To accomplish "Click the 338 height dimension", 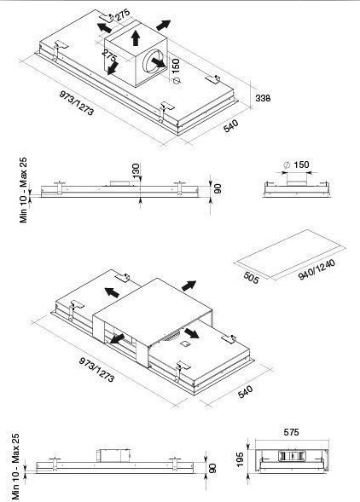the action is click(x=263, y=98).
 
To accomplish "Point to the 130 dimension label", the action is click(x=136, y=171).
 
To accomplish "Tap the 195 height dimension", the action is click(x=240, y=459).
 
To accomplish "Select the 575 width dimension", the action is click(x=291, y=432).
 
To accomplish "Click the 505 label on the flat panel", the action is click(x=251, y=278).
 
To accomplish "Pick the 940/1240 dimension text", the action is click(x=316, y=269).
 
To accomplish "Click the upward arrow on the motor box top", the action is click(x=136, y=38).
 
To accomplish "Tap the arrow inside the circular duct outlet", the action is click(x=159, y=63).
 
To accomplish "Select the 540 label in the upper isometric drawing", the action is click(x=231, y=126).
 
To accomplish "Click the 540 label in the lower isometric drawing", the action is click(x=246, y=392).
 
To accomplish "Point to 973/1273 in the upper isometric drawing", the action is click(x=77, y=103).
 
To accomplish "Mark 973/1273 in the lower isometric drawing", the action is click(x=96, y=370).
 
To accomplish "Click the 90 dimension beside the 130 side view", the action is click(x=218, y=188).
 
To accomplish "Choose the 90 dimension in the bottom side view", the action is click(x=212, y=468).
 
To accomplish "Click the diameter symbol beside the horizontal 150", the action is click(x=287, y=165).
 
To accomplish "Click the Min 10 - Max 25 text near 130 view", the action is click(x=24, y=190).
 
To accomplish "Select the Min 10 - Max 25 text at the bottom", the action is click(x=15, y=467).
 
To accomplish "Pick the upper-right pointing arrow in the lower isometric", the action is click(x=189, y=286).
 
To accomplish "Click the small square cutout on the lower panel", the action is click(x=185, y=344).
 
